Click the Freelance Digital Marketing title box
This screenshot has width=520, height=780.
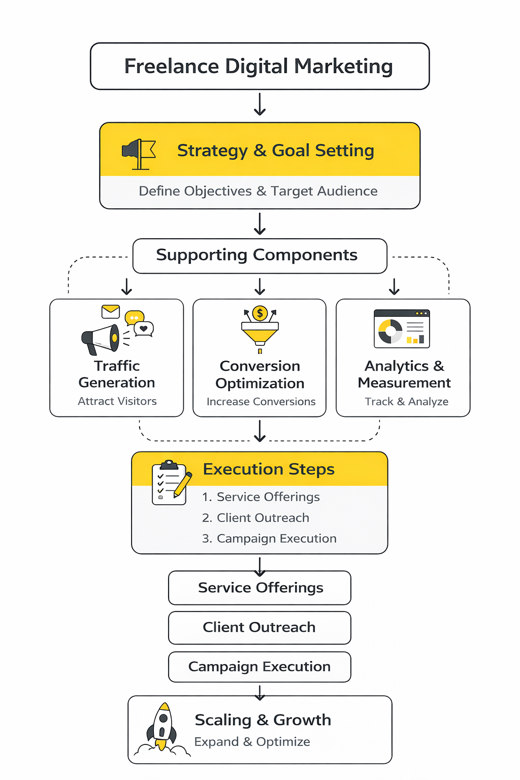pyautogui.click(x=259, y=67)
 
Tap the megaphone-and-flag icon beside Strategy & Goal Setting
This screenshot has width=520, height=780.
pyautogui.click(x=139, y=154)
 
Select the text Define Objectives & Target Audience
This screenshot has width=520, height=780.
pyautogui.click(x=258, y=191)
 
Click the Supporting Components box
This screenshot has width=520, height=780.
pyautogui.click(x=259, y=255)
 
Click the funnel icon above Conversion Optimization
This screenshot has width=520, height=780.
pyautogui.click(x=260, y=332)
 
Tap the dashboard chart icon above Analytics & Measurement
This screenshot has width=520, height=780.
pyautogui.click(x=402, y=329)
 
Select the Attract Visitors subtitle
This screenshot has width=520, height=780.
pyautogui.click(x=117, y=401)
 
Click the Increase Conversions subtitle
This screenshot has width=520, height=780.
pyautogui.click(x=261, y=402)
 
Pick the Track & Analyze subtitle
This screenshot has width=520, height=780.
pyautogui.click(x=406, y=402)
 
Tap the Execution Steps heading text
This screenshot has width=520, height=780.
pyautogui.click(x=269, y=469)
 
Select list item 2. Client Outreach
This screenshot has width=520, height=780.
pyautogui.click(x=255, y=518)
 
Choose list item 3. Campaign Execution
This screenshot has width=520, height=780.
pyautogui.click(x=269, y=538)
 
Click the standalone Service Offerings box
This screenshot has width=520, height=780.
pyautogui.click(x=259, y=588)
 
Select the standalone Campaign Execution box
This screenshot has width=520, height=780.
pyautogui.click(x=259, y=667)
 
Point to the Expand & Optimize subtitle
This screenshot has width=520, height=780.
pyautogui.click(x=252, y=742)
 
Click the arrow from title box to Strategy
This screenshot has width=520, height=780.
pyautogui.click(x=260, y=105)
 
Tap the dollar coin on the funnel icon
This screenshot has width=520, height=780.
pyautogui.click(x=260, y=313)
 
